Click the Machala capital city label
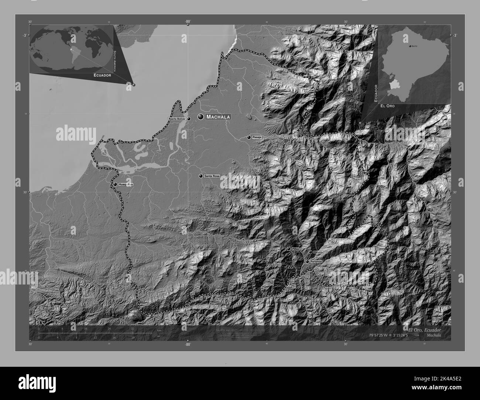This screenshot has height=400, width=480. pos(218,117)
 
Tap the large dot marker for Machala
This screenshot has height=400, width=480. pos(201,117)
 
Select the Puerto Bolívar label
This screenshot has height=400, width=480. pos(177,119)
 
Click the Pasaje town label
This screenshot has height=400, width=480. pos(257,137)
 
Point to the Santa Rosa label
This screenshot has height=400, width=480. pos(212,176)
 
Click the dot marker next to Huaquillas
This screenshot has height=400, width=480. pos(115,184)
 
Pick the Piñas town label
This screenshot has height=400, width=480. pos(295,249)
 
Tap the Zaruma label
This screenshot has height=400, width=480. pos(318,252)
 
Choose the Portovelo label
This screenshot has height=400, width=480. pos(316,261)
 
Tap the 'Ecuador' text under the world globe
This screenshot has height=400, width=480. pos(102,75)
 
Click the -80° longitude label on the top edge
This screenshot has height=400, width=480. pos(188,22)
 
